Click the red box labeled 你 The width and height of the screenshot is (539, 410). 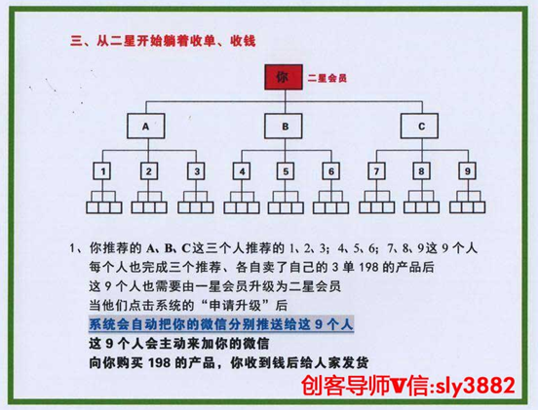coord(284,77)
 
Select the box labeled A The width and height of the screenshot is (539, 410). coord(146,127)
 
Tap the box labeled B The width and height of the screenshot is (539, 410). coord(284,127)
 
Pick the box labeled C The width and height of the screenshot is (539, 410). coord(419,127)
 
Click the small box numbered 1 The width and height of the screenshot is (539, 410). coord(102,171)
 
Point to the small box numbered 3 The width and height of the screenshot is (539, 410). coord(196,171)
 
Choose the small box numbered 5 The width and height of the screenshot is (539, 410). coord(286,171)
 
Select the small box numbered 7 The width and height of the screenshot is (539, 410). coord(376,171)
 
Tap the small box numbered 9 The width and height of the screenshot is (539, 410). coord(468,171)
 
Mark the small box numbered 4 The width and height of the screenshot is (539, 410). coord(242,171)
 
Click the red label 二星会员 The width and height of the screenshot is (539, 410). coord(327,78)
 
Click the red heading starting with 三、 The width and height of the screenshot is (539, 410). coord(163,41)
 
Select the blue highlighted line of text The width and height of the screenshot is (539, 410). coord(221,324)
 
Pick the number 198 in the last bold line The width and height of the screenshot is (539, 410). coord(159,362)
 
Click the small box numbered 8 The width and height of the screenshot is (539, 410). coord(421,171)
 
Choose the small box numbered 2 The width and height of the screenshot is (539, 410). coord(149,171)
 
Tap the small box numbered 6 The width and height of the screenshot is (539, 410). coord(331,171)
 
